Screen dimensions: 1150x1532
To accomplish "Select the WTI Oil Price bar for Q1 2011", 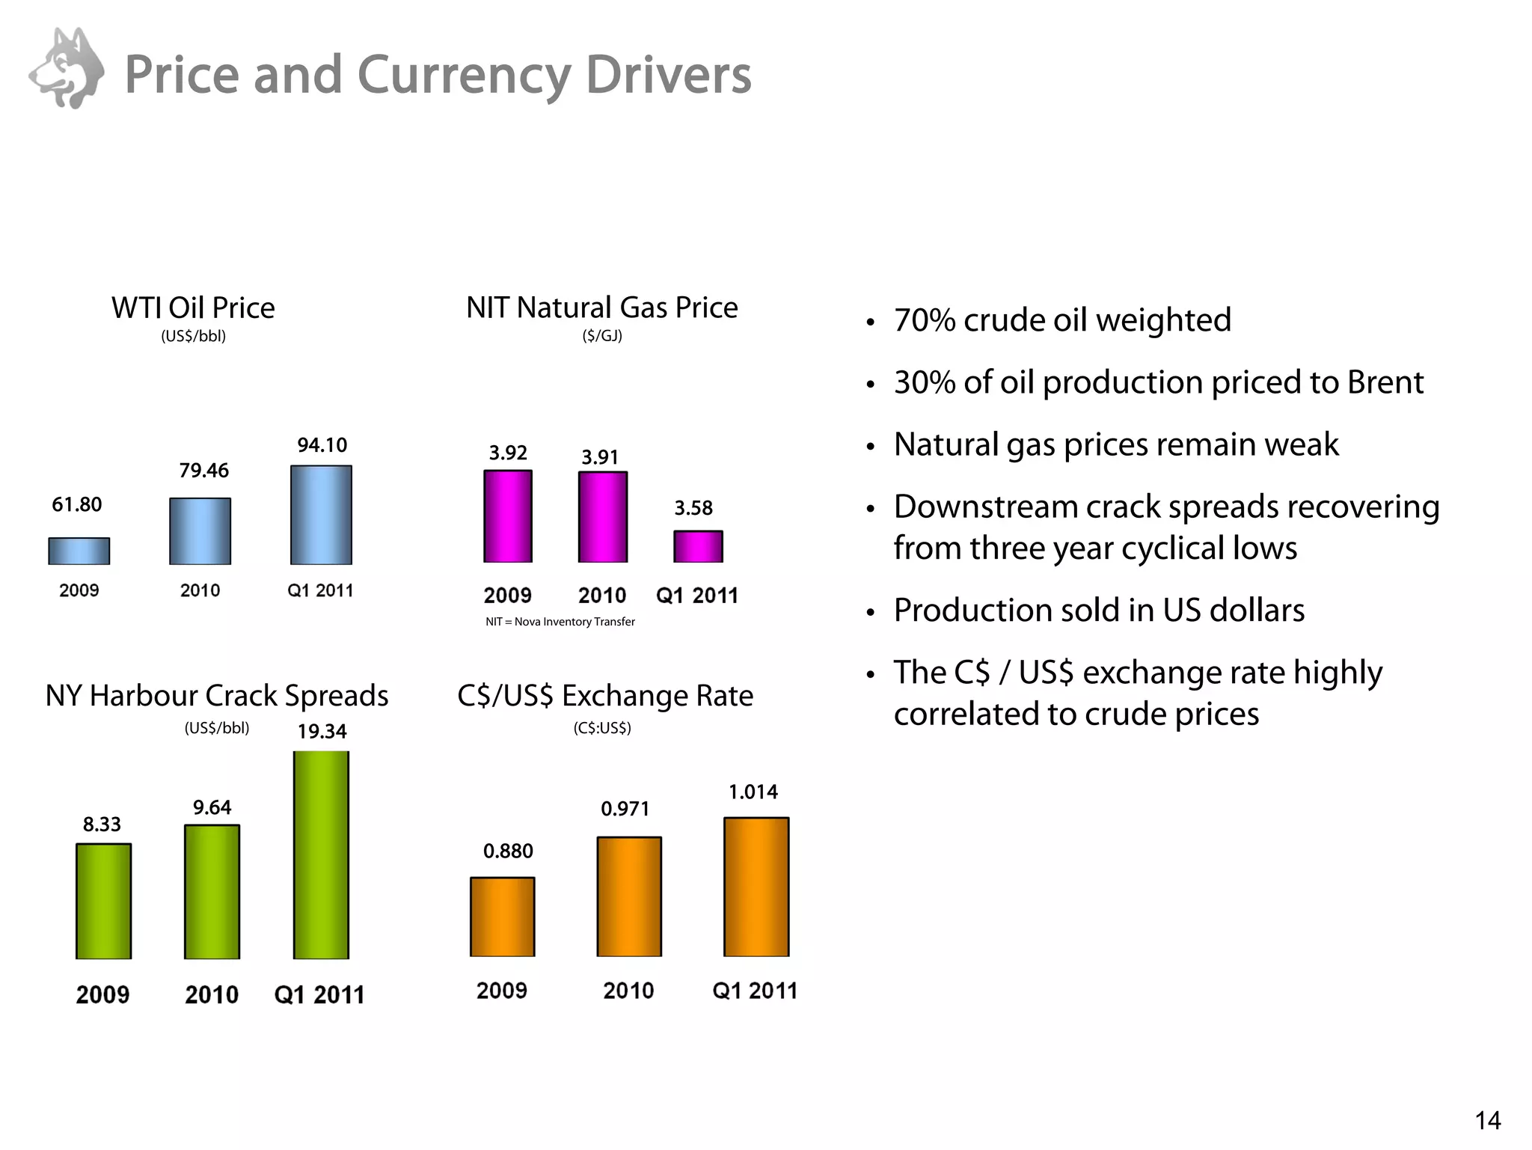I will (x=321, y=515).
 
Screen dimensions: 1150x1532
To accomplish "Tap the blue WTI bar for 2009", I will (x=79, y=551).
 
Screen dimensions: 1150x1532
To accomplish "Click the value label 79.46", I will (x=203, y=471).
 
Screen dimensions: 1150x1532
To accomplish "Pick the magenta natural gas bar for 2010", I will (x=603, y=517).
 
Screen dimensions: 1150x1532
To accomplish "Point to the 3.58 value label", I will (x=693, y=509).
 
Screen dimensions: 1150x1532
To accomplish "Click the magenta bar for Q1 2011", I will (x=698, y=546).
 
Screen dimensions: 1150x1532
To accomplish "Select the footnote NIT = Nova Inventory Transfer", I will (x=560, y=622).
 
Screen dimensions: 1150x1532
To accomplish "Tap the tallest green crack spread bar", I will (x=321, y=854).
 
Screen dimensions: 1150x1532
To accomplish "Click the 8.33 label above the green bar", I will (x=102, y=825).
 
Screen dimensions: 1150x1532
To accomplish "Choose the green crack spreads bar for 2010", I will (x=212, y=892).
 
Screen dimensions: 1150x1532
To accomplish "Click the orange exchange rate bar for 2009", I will (x=503, y=917).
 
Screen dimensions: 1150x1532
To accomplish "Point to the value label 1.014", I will (x=753, y=792).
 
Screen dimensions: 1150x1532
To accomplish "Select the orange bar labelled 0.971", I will (x=629, y=896).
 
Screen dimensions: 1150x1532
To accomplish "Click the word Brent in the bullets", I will (x=1385, y=382).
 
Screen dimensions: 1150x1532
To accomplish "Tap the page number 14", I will (x=1487, y=1120).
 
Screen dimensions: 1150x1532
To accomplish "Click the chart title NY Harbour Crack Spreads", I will (x=217, y=696).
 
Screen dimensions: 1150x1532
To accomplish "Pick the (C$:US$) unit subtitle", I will (x=602, y=728).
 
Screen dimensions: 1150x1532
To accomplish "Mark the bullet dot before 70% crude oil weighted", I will (x=870, y=323).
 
